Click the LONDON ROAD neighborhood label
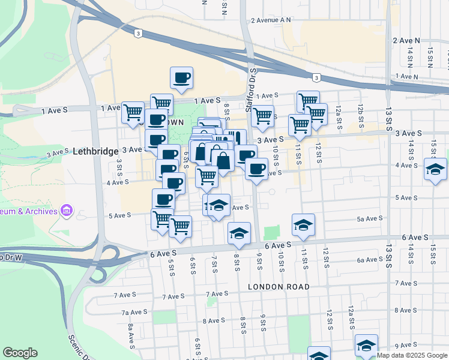pyautogui.click(x=279, y=287)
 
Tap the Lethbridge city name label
pyautogui.click(x=95, y=151)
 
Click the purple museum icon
pyautogui.click(x=67, y=211)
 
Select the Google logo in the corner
pyautogui.click(x=20, y=353)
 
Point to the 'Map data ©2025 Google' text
pyautogui.click(x=411, y=355)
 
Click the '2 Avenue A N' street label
pyautogui.click(x=271, y=20)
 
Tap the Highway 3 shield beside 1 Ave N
pyautogui.click(x=316, y=77)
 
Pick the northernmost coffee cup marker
pyautogui.click(x=181, y=77)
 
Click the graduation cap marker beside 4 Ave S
pyautogui.click(x=435, y=169)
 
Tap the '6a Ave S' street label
pyautogui.click(x=370, y=260)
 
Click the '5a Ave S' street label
pyautogui.click(x=370, y=219)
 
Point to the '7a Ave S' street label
pyautogui.click(x=134, y=312)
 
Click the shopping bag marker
pyautogui.click(x=223, y=161)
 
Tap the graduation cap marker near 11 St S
pyautogui.click(x=303, y=225)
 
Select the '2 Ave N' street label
pyautogui.click(x=406, y=40)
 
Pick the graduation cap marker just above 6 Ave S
pyautogui.click(x=239, y=233)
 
